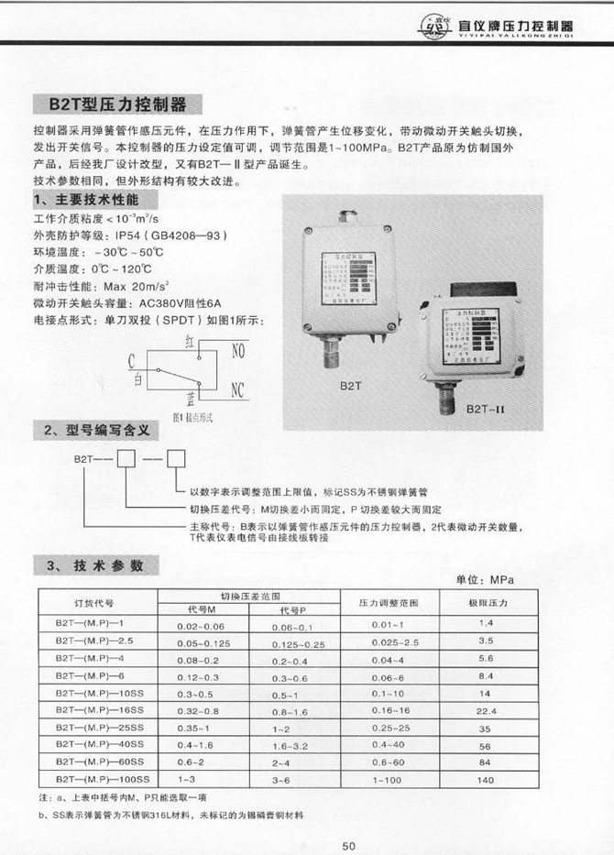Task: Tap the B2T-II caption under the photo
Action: click(486, 409)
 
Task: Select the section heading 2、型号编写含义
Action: click(89, 432)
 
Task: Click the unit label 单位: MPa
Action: click(487, 580)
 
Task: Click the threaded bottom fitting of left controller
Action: click(332, 354)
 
